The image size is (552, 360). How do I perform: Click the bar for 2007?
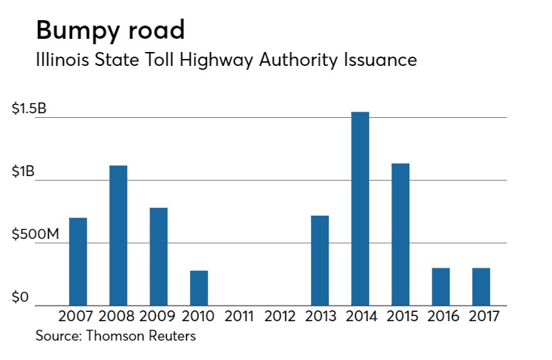point(78,261)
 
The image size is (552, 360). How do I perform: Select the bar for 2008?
point(118,235)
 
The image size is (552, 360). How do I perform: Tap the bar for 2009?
point(158,256)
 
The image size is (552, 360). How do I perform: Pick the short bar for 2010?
point(198,288)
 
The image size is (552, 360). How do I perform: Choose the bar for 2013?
point(319,260)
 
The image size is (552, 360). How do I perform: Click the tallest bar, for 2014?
point(360,209)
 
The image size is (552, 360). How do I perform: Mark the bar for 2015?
point(400,234)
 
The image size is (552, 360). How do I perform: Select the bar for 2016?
point(440,286)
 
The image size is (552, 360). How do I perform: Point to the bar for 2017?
point(481,286)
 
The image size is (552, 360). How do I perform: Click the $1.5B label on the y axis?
point(29,109)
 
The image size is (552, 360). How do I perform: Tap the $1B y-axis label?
point(23,172)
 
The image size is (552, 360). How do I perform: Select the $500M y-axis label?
point(36,235)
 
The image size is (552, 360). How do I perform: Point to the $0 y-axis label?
point(20,298)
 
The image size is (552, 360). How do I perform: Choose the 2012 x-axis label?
point(279,317)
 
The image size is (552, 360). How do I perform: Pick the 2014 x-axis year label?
point(360,317)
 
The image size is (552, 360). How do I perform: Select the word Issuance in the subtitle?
point(381,61)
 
